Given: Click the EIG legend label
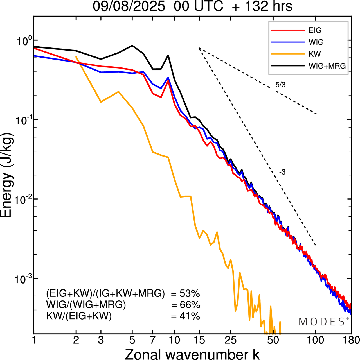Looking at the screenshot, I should (315, 30).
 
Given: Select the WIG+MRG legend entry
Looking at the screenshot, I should (327, 66).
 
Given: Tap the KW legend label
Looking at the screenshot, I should (315, 54).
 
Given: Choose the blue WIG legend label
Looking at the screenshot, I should (316, 42).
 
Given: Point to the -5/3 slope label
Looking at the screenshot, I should (279, 85).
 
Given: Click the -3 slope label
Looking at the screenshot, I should (282, 172).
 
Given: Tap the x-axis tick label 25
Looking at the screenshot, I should (230, 340).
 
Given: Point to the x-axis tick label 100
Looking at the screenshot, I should (315, 340).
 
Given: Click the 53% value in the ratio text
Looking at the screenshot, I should (190, 294).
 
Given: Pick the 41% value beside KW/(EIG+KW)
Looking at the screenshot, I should (190, 316).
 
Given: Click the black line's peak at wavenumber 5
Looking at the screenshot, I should (132, 46).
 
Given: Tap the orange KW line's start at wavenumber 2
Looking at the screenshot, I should (76, 57).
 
